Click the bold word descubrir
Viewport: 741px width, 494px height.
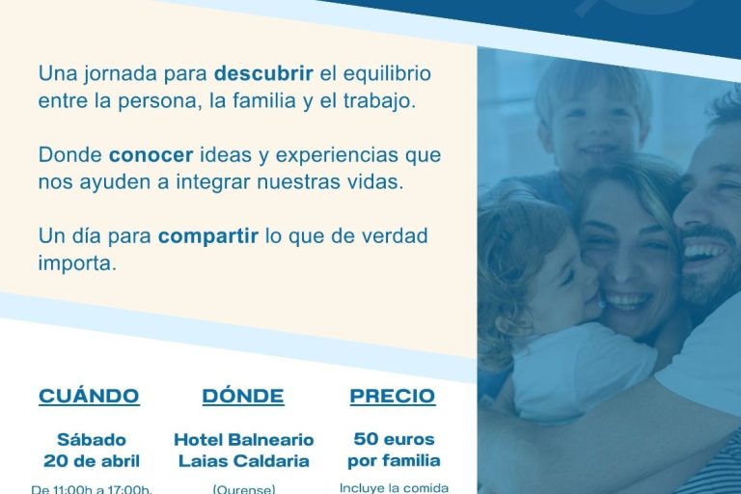pos(259,73)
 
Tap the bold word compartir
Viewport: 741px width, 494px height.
pos(208,236)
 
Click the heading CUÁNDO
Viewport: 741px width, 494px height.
pos(89,397)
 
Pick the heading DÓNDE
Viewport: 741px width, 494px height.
pos(243,397)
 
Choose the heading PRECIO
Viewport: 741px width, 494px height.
pos(393,397)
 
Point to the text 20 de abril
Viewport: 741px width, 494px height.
pos(92,460)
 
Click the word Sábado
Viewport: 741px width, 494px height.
pos(92,439)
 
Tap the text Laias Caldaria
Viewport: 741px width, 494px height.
pos(243,460)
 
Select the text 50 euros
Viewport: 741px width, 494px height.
pos(394,439)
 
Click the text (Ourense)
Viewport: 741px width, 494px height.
pos(243,488)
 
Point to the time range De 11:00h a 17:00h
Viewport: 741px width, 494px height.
pos(92,488)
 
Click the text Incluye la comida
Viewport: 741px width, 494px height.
pos(394,487)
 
